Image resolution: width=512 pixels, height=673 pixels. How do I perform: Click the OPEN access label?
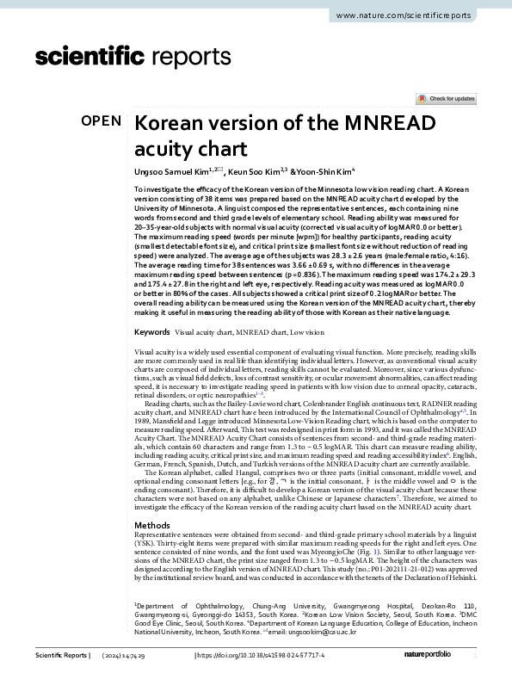coord(102,120)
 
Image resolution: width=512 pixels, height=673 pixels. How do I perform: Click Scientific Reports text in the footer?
coord(61,657)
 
